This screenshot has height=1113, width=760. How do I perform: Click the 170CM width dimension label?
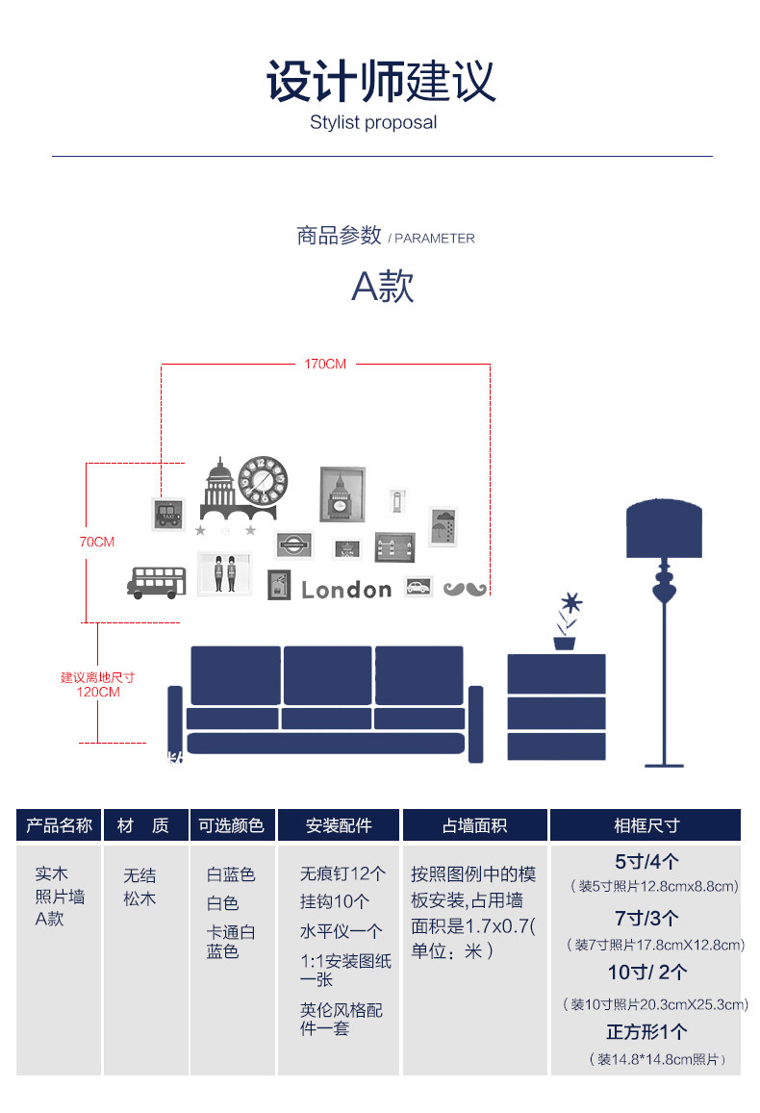point(325,365)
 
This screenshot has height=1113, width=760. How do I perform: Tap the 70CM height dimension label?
point(96,542)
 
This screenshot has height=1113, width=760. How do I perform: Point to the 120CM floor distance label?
point(97,692)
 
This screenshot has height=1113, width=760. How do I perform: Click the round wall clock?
point(263,480)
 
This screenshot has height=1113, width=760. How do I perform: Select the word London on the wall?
point(346,590)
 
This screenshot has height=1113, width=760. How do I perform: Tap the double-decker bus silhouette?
point(156,582)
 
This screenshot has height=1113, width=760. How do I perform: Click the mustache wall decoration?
point(465,588)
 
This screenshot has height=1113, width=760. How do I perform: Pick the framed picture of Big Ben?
point(342,494)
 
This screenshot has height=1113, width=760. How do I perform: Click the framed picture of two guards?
point(225,573)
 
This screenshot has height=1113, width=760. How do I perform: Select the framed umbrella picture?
point(443,526)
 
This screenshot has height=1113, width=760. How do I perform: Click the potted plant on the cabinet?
point(568,623)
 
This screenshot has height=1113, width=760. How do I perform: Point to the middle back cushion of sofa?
point(327,675)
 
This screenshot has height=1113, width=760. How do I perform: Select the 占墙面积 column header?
point(474,825)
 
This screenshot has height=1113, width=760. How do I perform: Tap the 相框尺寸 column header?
point(646,825)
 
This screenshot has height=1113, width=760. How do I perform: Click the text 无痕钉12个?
point(342,874)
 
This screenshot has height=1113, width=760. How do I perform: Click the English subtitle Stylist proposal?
point(373,122)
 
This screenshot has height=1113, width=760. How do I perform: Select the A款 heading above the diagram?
point(382,286)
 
